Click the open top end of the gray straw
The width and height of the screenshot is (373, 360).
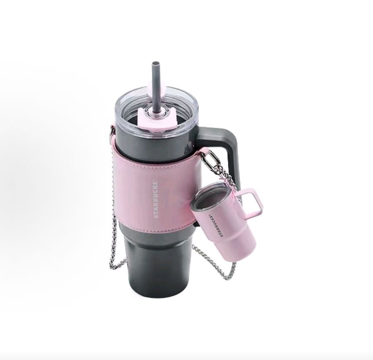[x=156, y=64]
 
